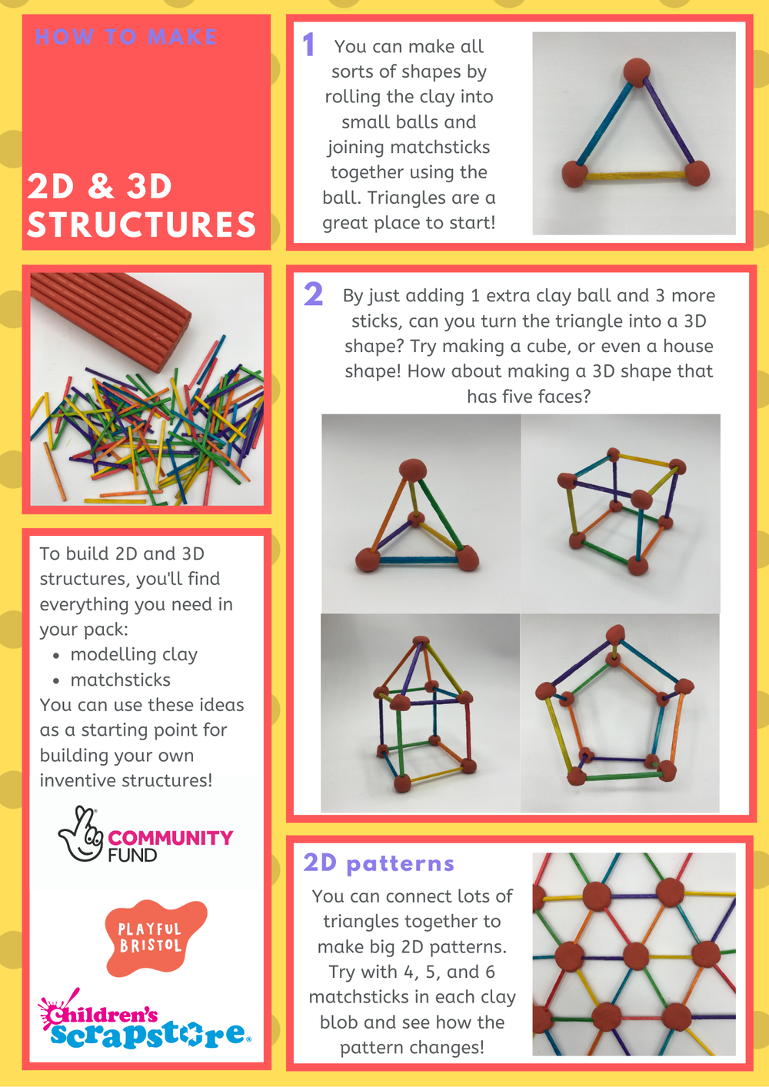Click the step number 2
coord(313,294)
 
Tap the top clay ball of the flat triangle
coord(636,71)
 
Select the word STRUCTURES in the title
coord(141,224)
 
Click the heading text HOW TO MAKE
coord(126,37)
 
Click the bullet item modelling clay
coord(134,654)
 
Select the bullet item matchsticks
coord(120,680)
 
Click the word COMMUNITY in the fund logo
coord(170,837)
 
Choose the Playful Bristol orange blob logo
coord(154,937)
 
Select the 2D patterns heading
coord(378,863)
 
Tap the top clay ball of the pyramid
coord(414,468)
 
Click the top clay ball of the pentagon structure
coord(614,634)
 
